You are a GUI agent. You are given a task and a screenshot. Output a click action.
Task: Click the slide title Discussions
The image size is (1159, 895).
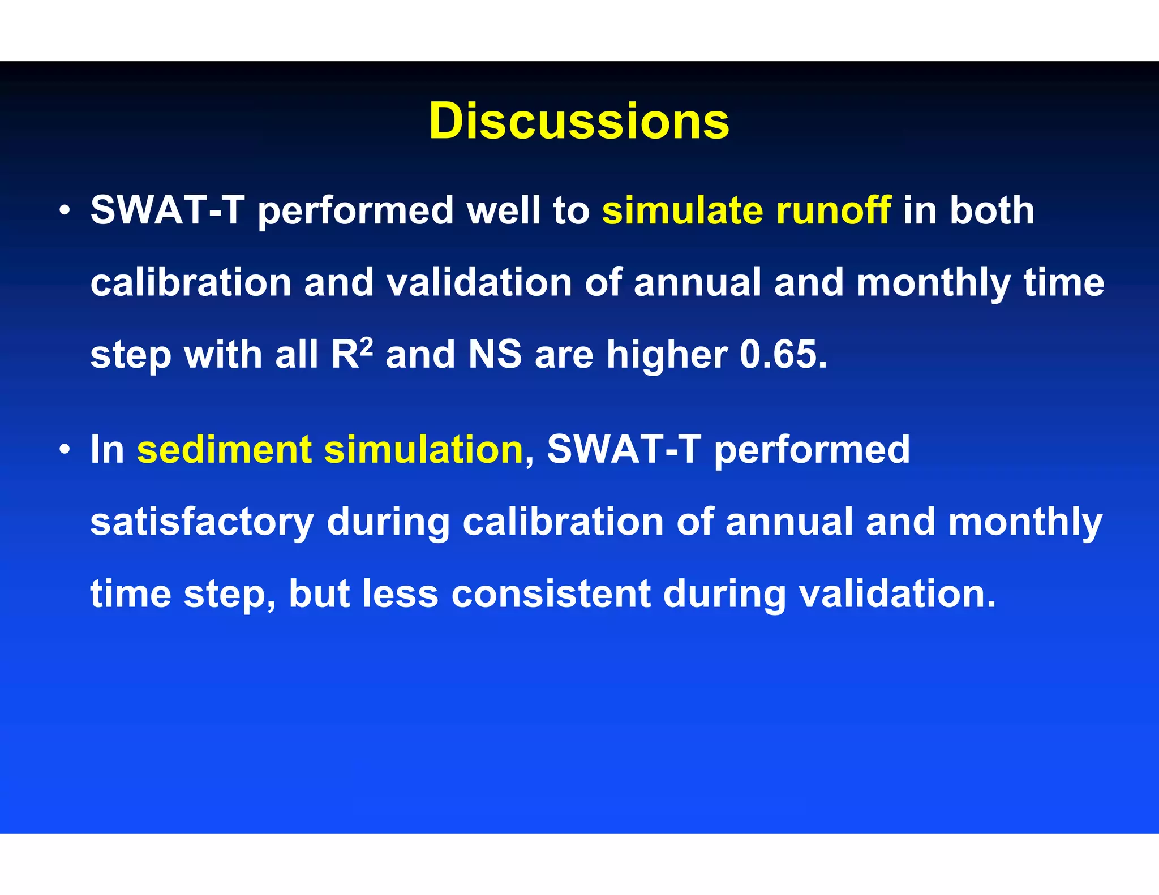click(579, 122)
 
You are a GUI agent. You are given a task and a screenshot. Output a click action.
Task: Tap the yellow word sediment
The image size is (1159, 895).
click(224, 450)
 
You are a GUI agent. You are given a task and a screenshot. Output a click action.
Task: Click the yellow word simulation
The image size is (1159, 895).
click(423, 450)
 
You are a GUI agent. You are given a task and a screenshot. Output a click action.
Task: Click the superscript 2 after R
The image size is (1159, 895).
click(367, 345)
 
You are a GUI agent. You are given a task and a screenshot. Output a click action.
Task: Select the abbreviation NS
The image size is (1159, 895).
click(495, 355)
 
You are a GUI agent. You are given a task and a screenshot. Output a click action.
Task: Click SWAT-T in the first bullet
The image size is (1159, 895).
click(168, 210)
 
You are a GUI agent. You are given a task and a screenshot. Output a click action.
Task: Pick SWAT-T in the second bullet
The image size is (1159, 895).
click(624, 450)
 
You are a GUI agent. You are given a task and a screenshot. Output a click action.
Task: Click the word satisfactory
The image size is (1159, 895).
click(202, 522)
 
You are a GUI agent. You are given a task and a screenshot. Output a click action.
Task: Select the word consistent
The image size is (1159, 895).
click(551, 594)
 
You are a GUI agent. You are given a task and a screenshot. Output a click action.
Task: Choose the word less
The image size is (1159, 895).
click(400, 594)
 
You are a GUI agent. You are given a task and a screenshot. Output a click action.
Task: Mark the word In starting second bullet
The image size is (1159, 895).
click(107, 450)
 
